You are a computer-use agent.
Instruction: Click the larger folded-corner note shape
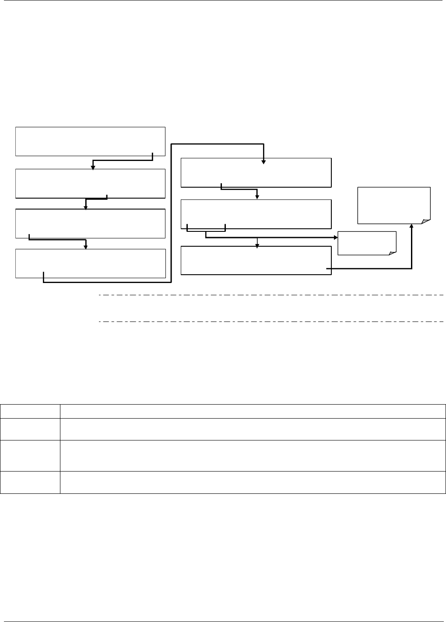click(394, 205)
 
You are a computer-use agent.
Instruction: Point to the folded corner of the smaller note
click(393, 252)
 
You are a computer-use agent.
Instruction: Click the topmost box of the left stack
click(90, 141)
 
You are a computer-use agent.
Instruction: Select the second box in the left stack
click(90, 183)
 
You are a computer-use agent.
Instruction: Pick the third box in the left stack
click(90, 224)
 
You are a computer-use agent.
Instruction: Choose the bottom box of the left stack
click(90, 263)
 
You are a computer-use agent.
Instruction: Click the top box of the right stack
click(256, 172)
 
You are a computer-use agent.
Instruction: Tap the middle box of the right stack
click(256, 214)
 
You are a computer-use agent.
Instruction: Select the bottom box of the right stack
click(256, 261)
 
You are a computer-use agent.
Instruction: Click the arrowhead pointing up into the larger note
click(412, 226)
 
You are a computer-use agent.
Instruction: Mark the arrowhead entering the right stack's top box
click(263, 162)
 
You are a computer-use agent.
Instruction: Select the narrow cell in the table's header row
click(30, 411)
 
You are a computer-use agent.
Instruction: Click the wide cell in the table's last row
click(253, 482)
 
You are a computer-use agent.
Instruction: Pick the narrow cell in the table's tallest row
click(30, 455)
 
